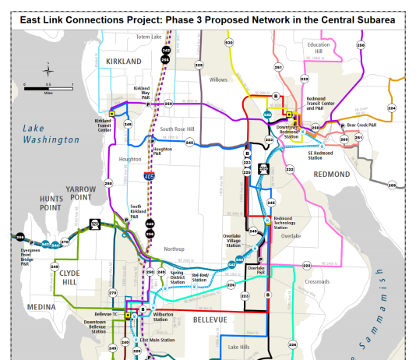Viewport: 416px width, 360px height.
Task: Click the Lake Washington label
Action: pyautogui.click(x=51, y=134)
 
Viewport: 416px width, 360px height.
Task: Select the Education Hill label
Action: pyautogui.click(x=319, y=48)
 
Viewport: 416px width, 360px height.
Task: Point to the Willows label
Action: pyautogui.click(x=218, y=79)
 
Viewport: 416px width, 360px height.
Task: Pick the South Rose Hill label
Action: pyautogui.click(x=177, y=129)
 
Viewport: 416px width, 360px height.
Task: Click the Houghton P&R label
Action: pyautogui.click(x=163, y=151)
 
